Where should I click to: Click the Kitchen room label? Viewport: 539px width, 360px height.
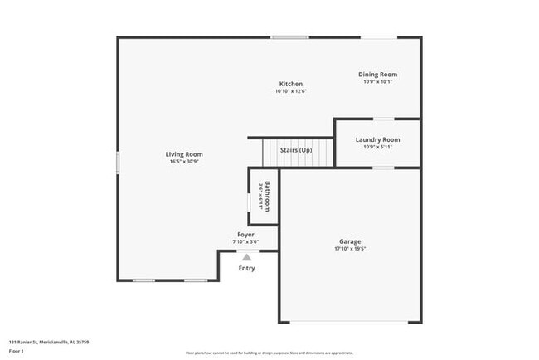[x=291, y=84]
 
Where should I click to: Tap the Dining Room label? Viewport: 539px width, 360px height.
[x=377, y=75]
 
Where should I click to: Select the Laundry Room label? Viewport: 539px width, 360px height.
[x=377, y=139]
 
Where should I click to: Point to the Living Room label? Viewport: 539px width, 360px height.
[x=184, y=154]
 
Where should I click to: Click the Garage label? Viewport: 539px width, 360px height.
[x=350, y=241]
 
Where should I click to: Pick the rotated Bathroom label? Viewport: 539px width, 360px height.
[x=267, y=197]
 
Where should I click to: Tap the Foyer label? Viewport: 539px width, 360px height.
[x=246, y=235]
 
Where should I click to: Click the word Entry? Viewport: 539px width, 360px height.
[x=247, y=268]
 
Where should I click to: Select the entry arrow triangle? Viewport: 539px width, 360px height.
[x=246, y=258]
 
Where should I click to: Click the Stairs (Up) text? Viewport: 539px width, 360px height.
[x=295, y=150]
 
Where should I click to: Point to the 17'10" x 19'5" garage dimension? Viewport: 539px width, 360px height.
[x=350, y=249]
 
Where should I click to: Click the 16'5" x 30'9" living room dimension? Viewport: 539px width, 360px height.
[x=184, y=162]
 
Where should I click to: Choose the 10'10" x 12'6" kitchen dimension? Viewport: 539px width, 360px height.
[x=291, y=91]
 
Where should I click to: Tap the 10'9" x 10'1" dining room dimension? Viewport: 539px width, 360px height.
[x=377, y=82]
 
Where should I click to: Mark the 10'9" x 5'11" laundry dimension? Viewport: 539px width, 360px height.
[x=377, y=147]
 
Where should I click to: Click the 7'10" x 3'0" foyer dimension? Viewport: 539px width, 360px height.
[x=246, y=242]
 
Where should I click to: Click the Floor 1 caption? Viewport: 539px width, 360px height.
[x=17, y=351]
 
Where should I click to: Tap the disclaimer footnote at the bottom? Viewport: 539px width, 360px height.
[x=269, y=353]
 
